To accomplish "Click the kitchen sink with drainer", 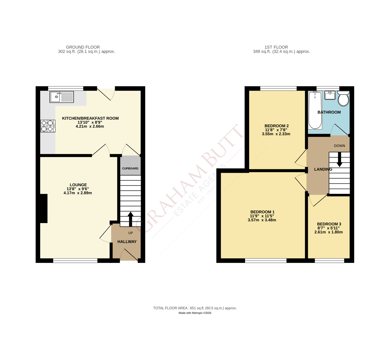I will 62,97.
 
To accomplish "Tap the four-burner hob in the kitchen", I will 47,126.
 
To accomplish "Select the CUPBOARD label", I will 130,168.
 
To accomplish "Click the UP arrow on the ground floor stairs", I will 131,219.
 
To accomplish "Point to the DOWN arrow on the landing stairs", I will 339,159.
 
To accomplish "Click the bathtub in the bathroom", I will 315,110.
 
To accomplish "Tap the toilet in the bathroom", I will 343,98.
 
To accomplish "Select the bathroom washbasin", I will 330,95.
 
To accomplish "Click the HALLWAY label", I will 127,242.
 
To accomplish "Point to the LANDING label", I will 323,169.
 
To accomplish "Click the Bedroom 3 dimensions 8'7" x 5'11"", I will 329,228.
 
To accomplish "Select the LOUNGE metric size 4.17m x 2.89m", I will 78,193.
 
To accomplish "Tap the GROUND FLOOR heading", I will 83,47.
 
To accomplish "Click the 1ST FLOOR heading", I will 276,47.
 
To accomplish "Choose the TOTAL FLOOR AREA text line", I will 195,308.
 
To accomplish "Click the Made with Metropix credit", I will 195,313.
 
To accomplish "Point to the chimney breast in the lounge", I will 44,208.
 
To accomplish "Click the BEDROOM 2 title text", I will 277,126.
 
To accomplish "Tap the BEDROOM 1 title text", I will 262,212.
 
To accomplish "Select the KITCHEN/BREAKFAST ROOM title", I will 90,118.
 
